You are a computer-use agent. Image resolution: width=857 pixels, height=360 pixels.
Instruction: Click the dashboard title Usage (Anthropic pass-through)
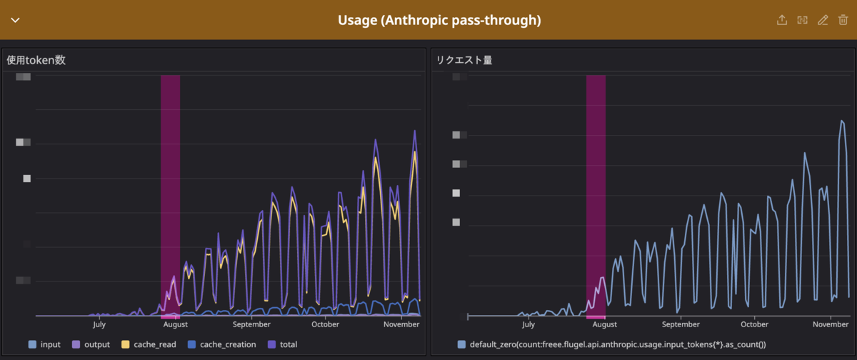439,20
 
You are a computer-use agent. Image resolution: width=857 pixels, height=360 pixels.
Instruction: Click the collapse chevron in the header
15,20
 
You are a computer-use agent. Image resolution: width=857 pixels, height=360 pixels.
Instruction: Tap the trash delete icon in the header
843,20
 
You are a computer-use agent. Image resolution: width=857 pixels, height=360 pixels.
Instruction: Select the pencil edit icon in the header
823,20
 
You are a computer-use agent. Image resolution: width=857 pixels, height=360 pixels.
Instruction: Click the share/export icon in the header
782,20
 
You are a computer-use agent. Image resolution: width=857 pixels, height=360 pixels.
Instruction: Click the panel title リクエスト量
464,61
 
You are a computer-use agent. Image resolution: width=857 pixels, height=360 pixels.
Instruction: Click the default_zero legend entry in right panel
611,344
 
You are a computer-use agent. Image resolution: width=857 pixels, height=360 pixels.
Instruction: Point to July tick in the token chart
99,324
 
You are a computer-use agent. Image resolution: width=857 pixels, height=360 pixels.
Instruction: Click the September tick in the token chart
252,324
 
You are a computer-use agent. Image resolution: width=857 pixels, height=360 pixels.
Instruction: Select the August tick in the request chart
604,324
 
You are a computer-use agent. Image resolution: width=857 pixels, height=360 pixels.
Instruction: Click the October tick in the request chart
754,324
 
